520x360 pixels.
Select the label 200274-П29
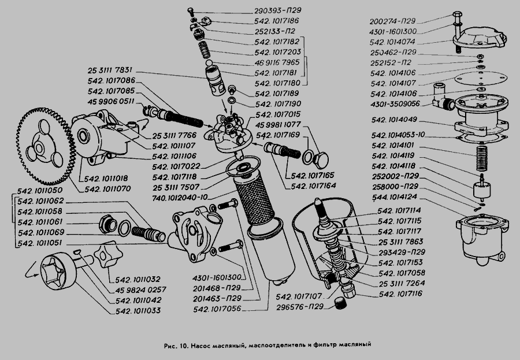(395, 21)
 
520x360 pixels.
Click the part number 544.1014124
(394, 197)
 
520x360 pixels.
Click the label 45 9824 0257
(142, 290)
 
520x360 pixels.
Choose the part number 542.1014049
(398, 121)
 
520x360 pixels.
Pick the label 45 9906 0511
(112, 101)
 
